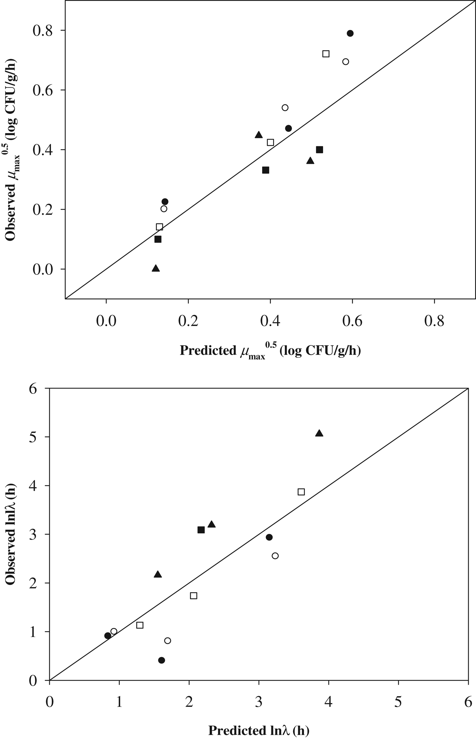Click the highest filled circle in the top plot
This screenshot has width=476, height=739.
(x=350, y=33)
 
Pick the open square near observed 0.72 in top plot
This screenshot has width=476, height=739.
(x=326, y=54)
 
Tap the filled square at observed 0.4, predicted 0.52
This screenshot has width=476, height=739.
(x=319, y=150)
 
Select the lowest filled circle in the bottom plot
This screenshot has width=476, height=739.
(x=161, y=660)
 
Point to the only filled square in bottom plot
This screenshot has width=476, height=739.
(x=201, y=530)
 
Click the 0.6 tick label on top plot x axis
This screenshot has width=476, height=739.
(x=352, y=321)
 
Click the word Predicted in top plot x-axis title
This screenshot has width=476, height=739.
(x=207, y=350)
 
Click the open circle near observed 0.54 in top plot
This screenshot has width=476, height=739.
(x=285, y=108)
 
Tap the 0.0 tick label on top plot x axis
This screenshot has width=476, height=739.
(x=106, y=321)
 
